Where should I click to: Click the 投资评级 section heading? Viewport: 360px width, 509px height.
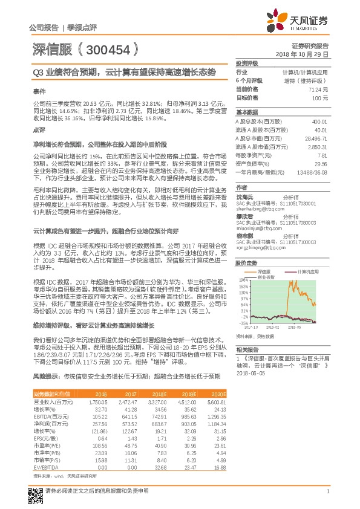[x=247, y=63]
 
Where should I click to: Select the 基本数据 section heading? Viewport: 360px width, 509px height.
[x=247, y=112]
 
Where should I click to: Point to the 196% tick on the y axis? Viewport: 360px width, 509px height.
[x=243, y=280]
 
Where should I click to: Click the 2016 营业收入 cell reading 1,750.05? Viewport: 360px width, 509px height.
[x=97, y=401]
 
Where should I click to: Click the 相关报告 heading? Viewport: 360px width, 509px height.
[x=247, y=350]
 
